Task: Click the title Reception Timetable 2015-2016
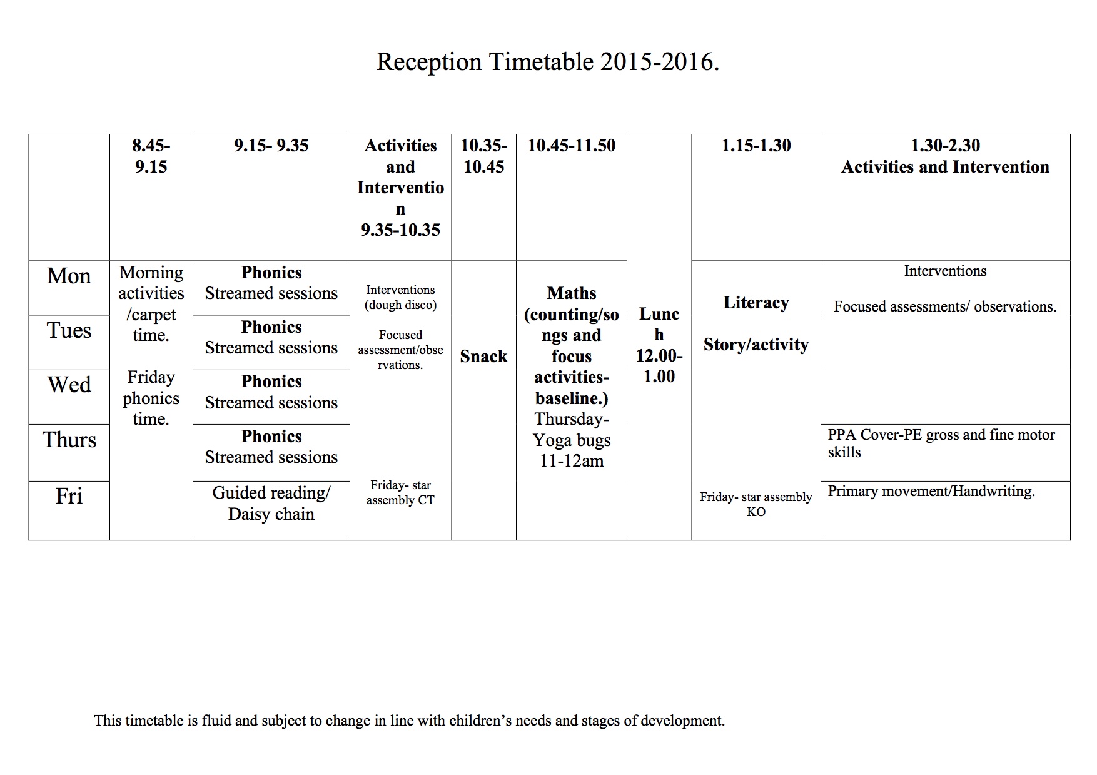coord(548,62)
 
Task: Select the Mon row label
coord(69,276)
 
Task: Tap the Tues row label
coord(69,330)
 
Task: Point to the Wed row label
coord(69,384)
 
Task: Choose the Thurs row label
coord(69,440)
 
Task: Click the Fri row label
coord(69,496)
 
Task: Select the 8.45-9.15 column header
coord(151,156)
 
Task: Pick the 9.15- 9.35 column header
coord(271,146)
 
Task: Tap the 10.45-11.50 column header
coord(572,146)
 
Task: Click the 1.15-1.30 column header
coord(756,146)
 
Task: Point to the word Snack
coord(483,357)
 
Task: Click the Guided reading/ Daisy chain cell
coord(271,504)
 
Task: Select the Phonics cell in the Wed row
coord(271,392)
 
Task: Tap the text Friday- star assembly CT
coord(400,492)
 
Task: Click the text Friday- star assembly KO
coord(756,504)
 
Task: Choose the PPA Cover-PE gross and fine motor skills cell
coord(941,443)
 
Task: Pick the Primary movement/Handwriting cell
coord(931,492)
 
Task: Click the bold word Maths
coord(572,293)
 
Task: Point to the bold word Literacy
coord(756,303)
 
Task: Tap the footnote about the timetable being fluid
coord(410,721)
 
